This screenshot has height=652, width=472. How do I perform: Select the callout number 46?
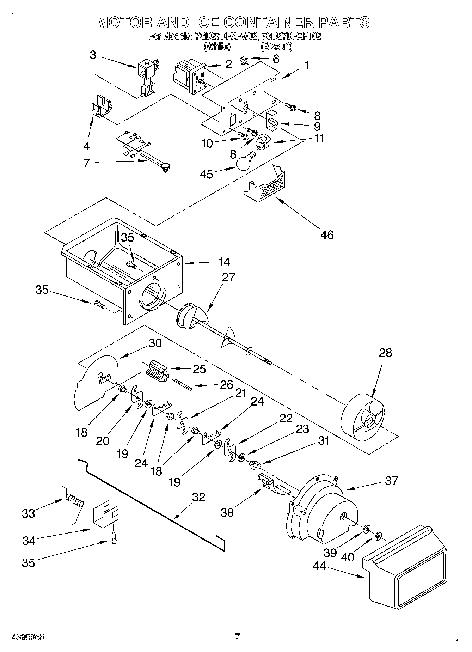327,234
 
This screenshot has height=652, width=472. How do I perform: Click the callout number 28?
385,352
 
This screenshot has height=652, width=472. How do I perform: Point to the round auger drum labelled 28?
363,420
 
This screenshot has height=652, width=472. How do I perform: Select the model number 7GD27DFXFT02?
289,36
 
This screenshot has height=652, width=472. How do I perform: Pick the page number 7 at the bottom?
238,636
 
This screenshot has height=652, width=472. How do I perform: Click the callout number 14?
223,262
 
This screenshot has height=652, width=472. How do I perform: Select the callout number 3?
93,55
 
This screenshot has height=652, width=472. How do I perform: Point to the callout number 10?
207,144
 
